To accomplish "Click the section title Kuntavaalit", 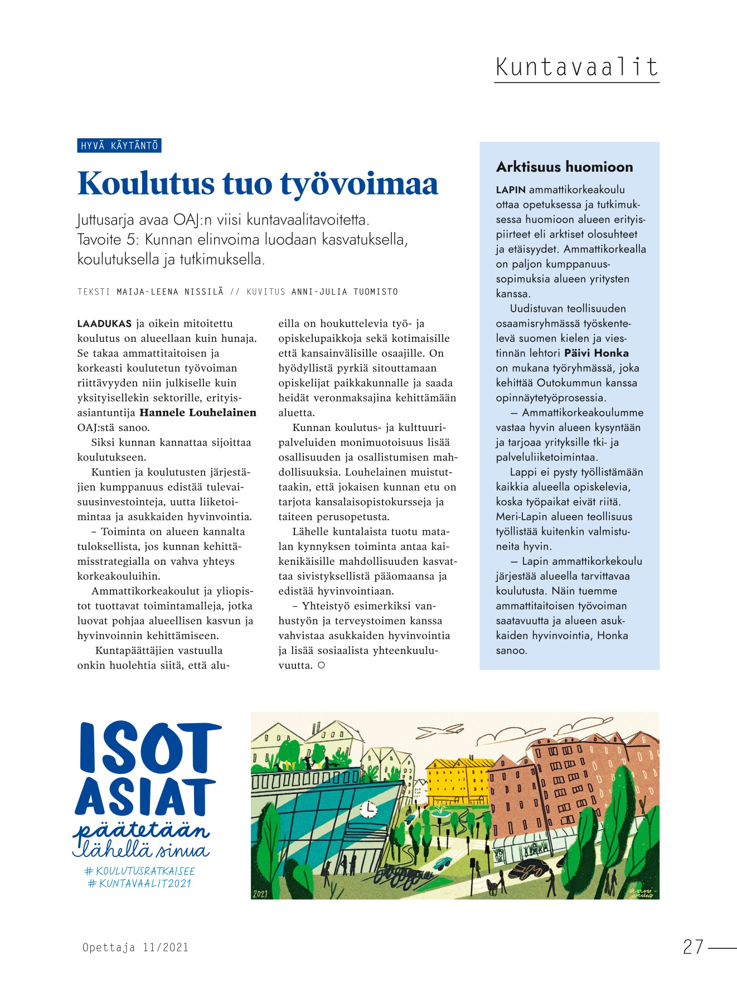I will [576, 67].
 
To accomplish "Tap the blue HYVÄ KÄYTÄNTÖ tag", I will [119, 146].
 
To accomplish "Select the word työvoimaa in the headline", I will [359, 184].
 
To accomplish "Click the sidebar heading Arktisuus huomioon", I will [564, 167].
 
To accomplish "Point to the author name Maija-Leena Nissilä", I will [170, 292].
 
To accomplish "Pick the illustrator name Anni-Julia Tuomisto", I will [345, 292].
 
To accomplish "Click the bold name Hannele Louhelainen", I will [198, 413].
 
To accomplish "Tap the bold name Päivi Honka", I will [596, 353].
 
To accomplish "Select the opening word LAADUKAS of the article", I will [104, 323].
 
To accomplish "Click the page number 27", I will [693, 947].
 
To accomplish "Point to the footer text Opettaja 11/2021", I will [135, 947].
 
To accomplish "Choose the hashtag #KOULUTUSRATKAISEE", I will [139, 870].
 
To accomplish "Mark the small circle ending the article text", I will [321, 665].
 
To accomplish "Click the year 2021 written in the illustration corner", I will [260, 894].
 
